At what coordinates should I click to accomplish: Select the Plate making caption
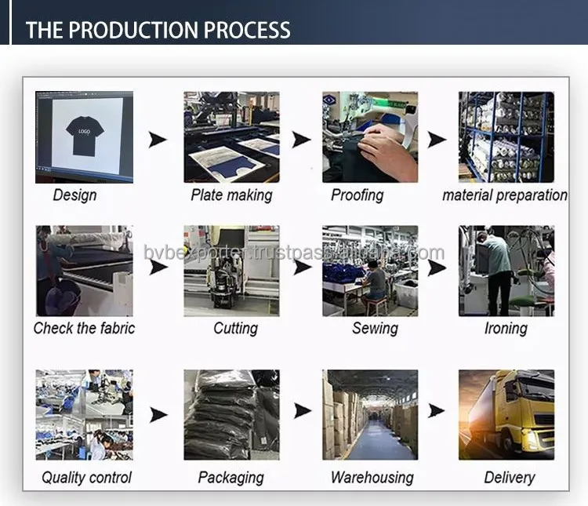click(x=231, y=195)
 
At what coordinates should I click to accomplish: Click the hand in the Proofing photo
click(x=385, y=146)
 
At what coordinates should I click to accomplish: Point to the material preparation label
click(x=505, y=195)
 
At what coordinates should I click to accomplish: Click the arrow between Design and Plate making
click(x=158, y=140)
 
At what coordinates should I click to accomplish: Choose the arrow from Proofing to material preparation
click(x=437, y=140)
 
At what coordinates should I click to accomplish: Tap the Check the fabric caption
click(x=84, y=328)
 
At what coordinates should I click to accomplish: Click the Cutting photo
click(x=231, y=271)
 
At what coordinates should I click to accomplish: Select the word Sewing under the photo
click(x=375, y=328)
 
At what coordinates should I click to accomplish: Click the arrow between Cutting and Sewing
click(x=302, y=267)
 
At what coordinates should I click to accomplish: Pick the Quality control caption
click(x=86, y=477)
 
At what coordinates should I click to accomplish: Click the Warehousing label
click(x=372, y=477)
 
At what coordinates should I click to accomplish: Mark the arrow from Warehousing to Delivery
click(x=437, y=410)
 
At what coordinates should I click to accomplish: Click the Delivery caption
click(x=510, y=477)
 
